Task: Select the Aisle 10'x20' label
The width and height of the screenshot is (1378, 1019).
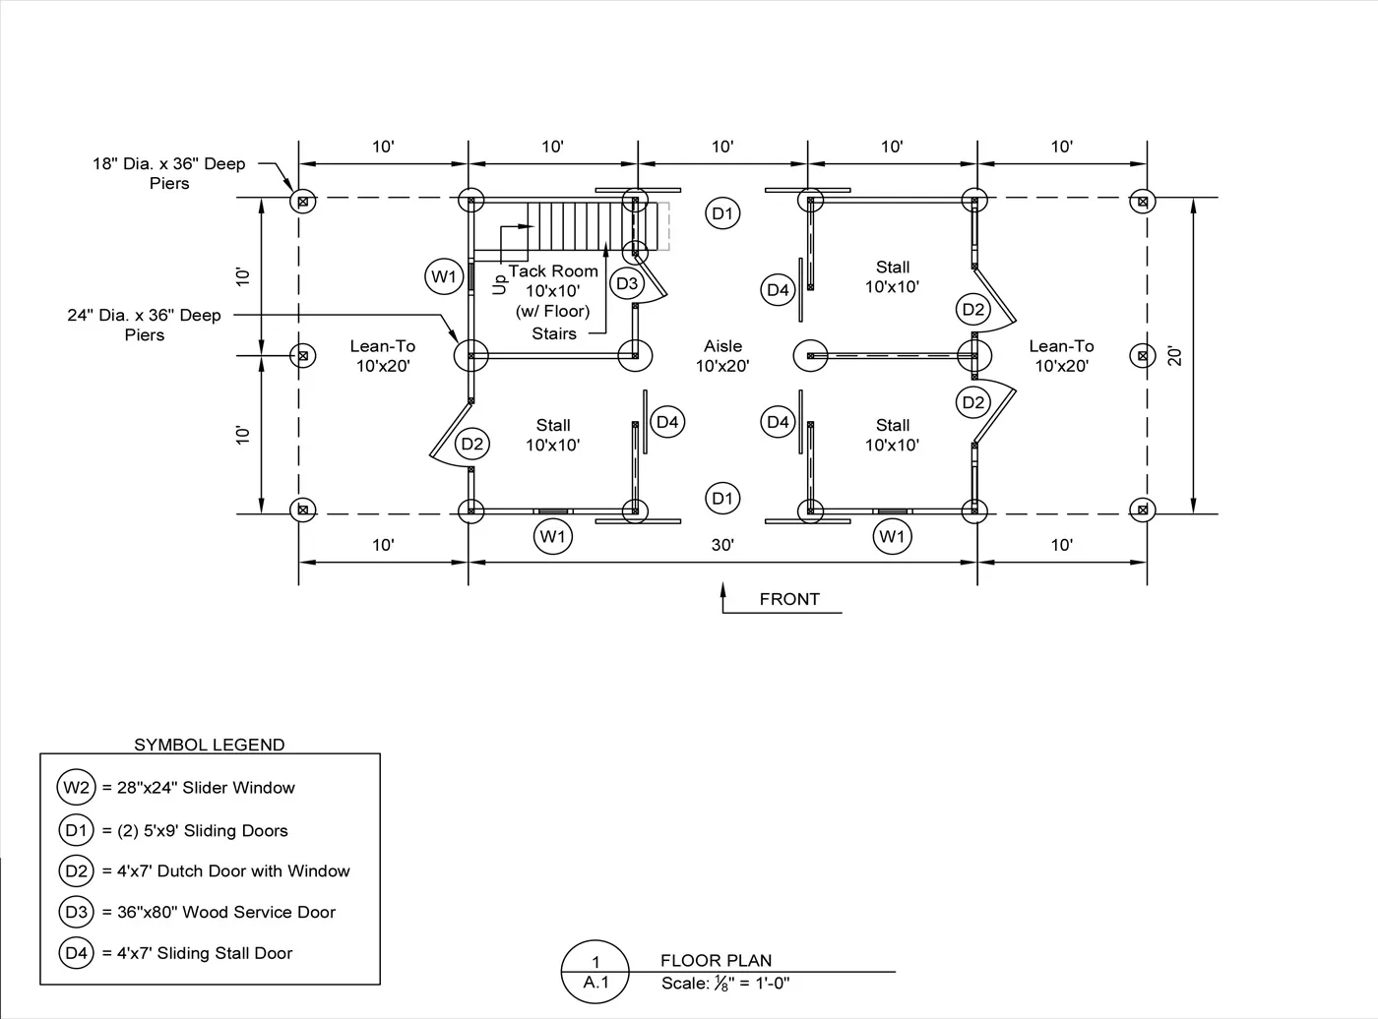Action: coord(722,356)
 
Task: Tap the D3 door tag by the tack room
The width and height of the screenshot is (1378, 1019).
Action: coord(626,284)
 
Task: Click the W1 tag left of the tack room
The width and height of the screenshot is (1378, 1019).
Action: coord(444,276)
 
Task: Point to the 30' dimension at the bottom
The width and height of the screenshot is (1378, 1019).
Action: coord(722,545)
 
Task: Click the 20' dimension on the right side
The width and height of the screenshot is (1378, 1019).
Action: coord(1174,355)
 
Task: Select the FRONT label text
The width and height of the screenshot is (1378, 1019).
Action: coord(789,599)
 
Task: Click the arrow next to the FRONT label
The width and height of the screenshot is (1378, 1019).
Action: coord(723,596)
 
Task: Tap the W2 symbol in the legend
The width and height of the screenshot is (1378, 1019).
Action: coord(77,788)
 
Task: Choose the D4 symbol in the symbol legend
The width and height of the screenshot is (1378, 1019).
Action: coord(77,953)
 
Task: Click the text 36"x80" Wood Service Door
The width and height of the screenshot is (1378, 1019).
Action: coord(226,912)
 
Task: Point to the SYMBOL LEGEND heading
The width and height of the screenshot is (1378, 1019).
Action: coord(210,745)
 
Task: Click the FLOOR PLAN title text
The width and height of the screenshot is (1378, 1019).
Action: coord(716,960)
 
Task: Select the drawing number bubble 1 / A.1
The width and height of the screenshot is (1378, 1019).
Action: coord(595,972)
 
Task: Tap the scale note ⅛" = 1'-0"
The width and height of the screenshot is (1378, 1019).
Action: coord(725,983)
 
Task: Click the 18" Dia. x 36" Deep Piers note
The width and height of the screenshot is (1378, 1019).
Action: coord(169,173)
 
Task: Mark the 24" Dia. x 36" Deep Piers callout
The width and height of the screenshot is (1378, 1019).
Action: coord(145,325)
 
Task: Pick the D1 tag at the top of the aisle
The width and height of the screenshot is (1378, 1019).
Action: coord(722,213)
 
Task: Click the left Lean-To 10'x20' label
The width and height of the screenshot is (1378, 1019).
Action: coord(383,356)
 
